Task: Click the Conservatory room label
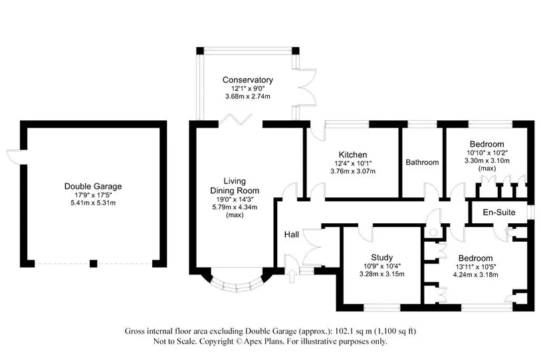pos(248,80)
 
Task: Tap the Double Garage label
pos(93,186)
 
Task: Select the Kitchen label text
pos(353,155)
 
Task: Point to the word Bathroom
pos(422,162)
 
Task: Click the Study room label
pos(382,258)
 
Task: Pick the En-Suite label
pos(499,212)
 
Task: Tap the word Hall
pos(292,235)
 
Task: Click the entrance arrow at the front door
pos(292,276)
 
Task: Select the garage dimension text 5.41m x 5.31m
pos(93,203)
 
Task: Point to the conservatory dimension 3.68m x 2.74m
pos(248,96)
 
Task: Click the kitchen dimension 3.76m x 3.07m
pos(353,171)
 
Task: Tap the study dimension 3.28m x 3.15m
pos(382,274)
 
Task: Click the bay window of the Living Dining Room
pos(237,284)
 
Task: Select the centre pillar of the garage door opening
pos(93,264)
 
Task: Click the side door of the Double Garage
pos(14,157)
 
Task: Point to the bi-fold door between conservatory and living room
pos(237,120)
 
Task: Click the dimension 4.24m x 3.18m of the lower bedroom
pos(475,275)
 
